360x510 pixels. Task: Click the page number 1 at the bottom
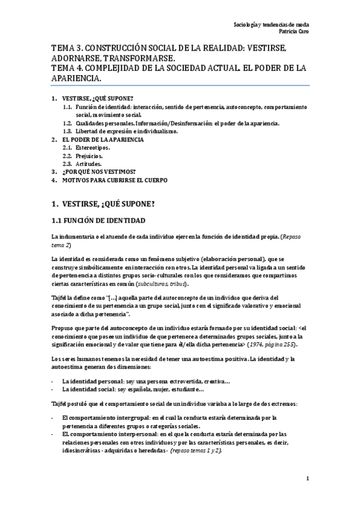[x=307, y=479]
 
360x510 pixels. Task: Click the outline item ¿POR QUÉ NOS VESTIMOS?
[x=99, y=171]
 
